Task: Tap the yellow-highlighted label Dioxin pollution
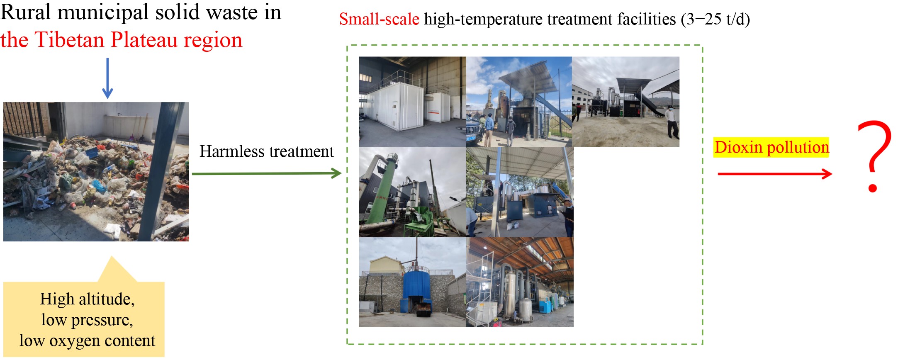point(771,147)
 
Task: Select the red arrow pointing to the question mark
point(775,174)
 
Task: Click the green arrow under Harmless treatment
point(267,173)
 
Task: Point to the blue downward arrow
point(107,78)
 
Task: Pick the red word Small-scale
point(379,19)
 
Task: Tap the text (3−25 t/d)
point(715,19)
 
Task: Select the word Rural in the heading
point(26,12)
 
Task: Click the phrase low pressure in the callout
point(87,320)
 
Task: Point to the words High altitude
point(88,299)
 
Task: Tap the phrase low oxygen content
point(87,341)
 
